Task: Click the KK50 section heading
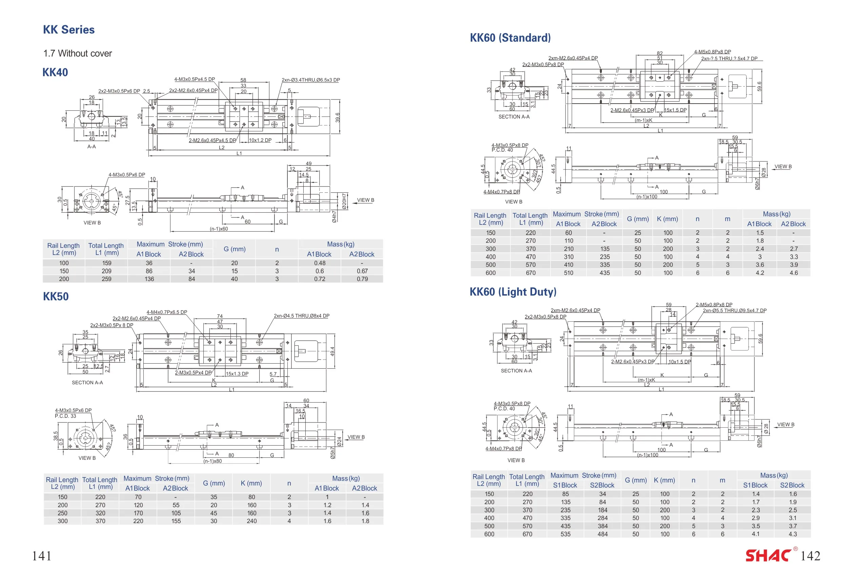point(56,296)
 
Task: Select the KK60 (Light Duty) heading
point(513,292)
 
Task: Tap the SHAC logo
point(768,556)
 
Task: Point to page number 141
point(41,556)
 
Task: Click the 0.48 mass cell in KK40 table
point(319,263)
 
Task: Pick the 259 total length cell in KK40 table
point(106,279)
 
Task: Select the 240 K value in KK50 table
point(251,521)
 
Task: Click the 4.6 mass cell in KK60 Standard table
point(794,273)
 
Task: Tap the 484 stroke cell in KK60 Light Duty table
point(602,534)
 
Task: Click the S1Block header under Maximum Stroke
point(565,485)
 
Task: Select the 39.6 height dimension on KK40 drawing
point(338,117)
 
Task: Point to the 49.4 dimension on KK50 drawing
point(332,351)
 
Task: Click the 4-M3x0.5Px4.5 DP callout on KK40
point(195,79)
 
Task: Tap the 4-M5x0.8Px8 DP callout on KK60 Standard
point(712,52)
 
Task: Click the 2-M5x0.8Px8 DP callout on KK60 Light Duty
point(714,305)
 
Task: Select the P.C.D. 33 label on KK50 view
point(65,416)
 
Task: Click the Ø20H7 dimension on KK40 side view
point(344,201)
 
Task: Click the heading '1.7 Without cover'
point(78,53)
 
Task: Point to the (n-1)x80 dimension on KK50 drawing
point(212,461)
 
